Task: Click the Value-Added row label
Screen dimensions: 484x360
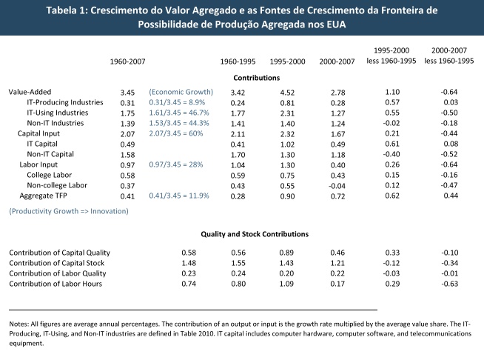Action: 30,92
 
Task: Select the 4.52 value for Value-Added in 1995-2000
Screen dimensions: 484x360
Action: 287,93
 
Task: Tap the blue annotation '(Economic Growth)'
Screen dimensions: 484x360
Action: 181,92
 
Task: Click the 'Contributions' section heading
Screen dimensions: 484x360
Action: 257,78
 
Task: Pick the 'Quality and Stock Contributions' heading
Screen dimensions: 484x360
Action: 255,234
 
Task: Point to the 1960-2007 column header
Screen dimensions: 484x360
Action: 127,61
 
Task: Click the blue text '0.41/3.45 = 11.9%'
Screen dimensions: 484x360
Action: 179,196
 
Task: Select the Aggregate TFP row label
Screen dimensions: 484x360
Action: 43,196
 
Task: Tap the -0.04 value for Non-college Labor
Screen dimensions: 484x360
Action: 337,186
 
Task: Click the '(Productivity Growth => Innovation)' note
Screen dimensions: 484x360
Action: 69,211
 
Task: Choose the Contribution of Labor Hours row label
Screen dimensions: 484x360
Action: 56,284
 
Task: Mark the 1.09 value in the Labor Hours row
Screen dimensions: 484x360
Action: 286,284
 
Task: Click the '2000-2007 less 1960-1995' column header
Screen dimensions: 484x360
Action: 448,56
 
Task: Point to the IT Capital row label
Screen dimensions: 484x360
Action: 42,144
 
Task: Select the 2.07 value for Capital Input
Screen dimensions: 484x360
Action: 127,134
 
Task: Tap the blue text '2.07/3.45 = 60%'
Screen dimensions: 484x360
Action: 176,133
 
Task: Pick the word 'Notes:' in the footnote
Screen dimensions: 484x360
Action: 19,324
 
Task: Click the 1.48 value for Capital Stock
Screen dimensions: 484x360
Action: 189,263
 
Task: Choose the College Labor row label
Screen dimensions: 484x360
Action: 49,176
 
